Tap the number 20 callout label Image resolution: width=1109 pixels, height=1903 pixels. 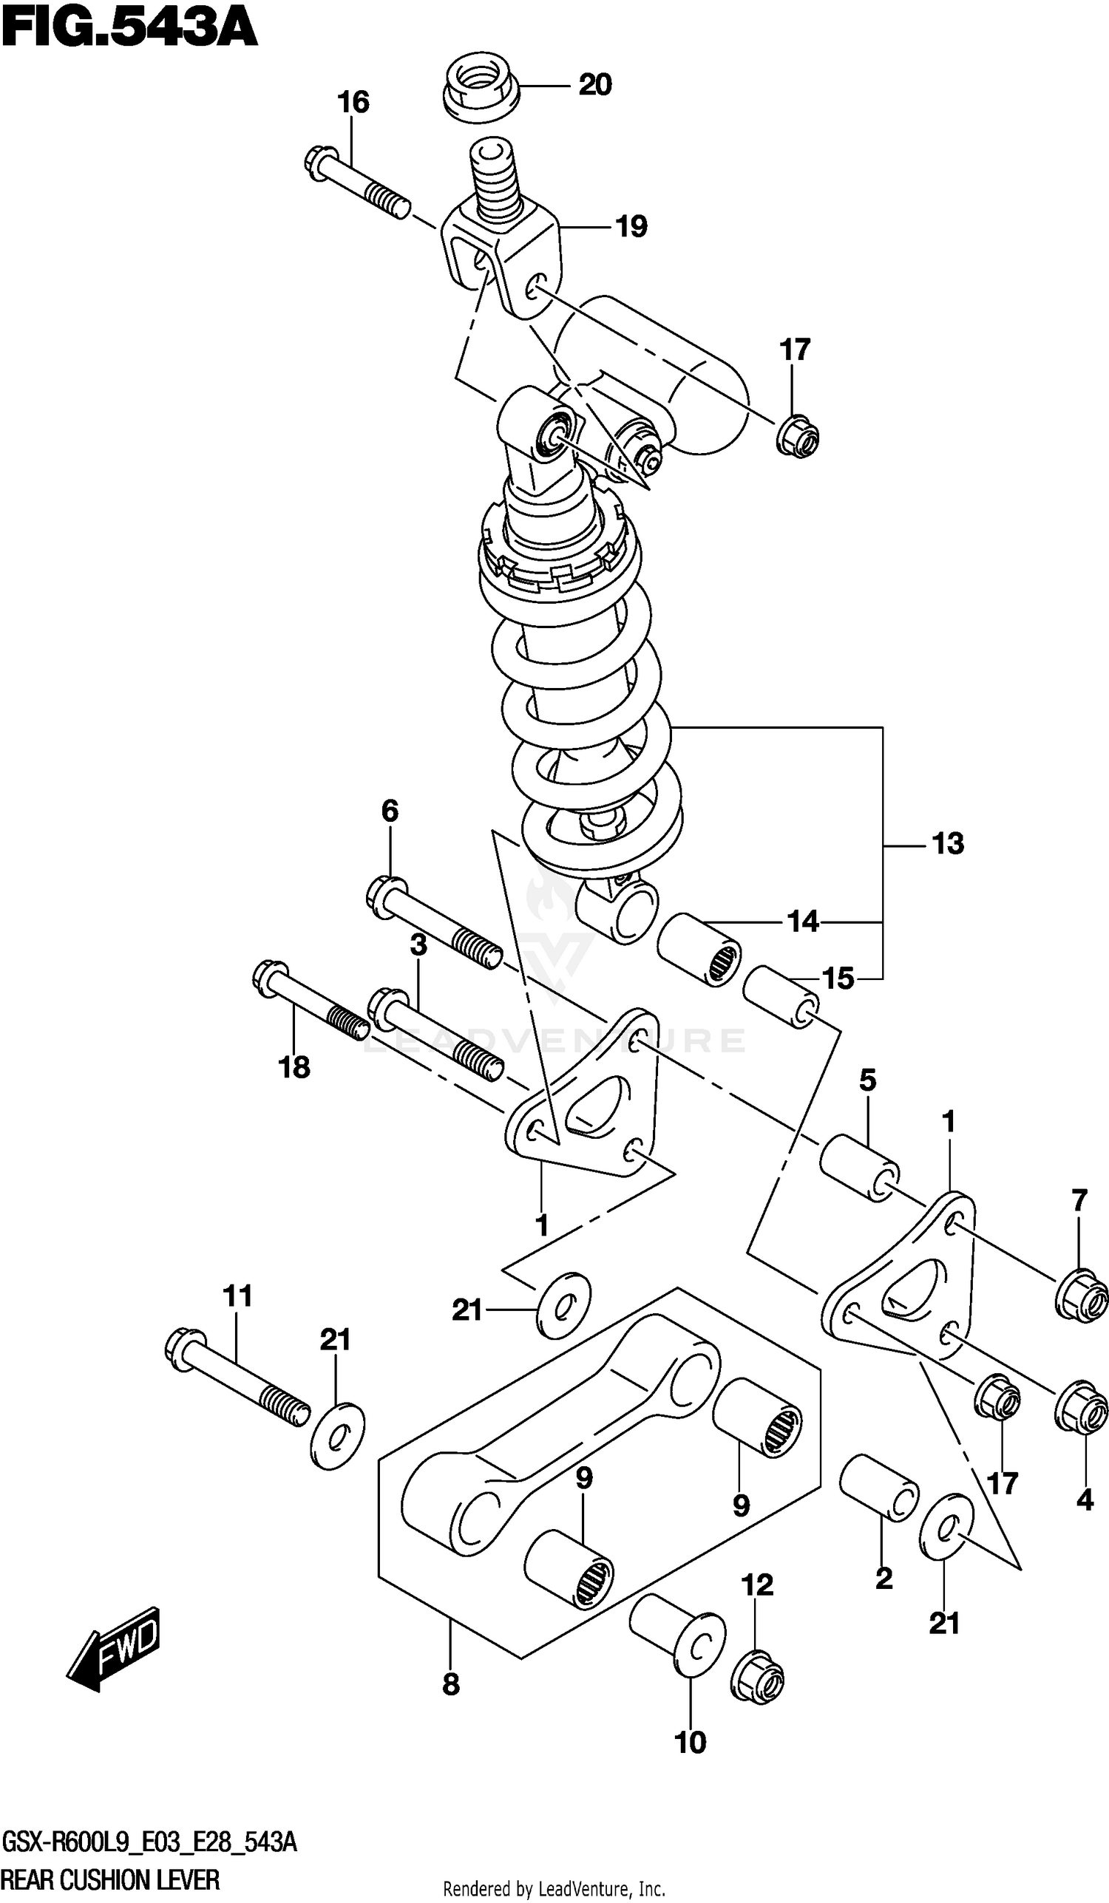tap(594, 84)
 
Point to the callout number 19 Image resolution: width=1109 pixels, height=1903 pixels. tap(631, 227)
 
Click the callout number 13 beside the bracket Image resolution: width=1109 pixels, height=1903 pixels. tap(947, 843)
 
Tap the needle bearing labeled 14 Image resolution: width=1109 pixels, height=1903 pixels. tap(698, 948)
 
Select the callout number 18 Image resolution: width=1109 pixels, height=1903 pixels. tap(294, 1067)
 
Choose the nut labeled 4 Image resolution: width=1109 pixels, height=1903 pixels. tap(1081, 1406)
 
